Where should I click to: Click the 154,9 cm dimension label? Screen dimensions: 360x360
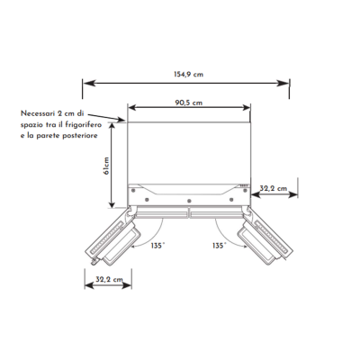pyautogui.click(x=188, y=75)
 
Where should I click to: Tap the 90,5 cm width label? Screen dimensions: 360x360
pyautogui.click(x=189, y=103)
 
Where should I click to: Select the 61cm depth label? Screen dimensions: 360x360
pyautogui.click(x=106, y=166)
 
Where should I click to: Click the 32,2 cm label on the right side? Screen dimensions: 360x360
pyautogui.click(x=274, y=188)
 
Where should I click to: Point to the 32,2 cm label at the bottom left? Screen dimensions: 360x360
pyautogui.click(x=109, y=279)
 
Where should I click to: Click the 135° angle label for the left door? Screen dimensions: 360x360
pyautogui.click(x=157, y=246)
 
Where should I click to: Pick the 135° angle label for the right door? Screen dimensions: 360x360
pyautogui.click(x=220, y=246)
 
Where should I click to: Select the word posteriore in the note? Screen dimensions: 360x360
pyautogui.click(x=80, y=136)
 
